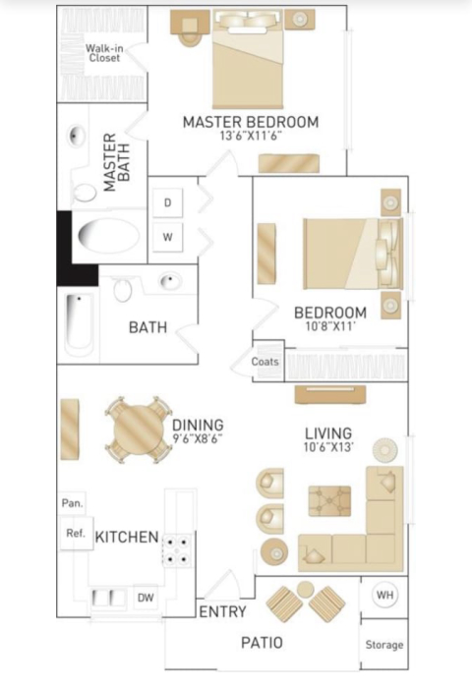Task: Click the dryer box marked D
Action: tap(167, 202)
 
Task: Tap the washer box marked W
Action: tap(167, 238)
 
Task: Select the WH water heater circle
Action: tap(385, 595)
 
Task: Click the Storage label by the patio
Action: tap(384, 645)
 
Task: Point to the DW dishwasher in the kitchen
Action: tap(146, 598)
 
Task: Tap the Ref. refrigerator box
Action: tap(76, 533)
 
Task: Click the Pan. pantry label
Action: tap(73, 503)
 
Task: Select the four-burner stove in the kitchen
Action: tap(177, 550)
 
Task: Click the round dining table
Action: tap(137, 430)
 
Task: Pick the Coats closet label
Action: tap(265, 362)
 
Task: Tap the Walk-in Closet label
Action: tap(104, 53)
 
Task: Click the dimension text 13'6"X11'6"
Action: tap(251, 136)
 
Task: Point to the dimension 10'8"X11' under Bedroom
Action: tap(330, 326)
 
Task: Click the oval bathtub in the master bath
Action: tap(109, 236)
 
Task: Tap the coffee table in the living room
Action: tap(329, 500)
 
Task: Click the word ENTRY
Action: tap(222, 611)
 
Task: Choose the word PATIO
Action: tap(262, 643)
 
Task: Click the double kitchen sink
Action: tap(109, 598)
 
